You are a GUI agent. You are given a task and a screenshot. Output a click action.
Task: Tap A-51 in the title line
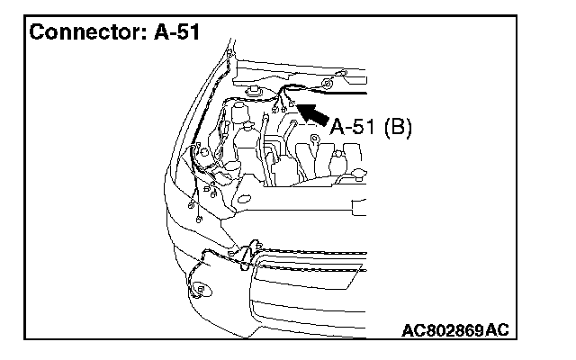pyautogui.click(x=172, y=33)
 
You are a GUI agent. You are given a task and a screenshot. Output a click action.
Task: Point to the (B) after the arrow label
pyautogui.click(x=397, y=127)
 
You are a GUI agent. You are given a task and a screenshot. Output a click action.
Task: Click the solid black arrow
pyautogui.click(x=311, y=112)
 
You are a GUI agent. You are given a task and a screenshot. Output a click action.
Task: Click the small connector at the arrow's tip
pyautogui.click(x=292, y=105)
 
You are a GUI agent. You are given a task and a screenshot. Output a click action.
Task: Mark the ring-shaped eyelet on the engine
pyautogui.click(x=316, y=139)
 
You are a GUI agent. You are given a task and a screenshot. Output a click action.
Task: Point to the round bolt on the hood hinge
pyautogui.click(x=328, y=83)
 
